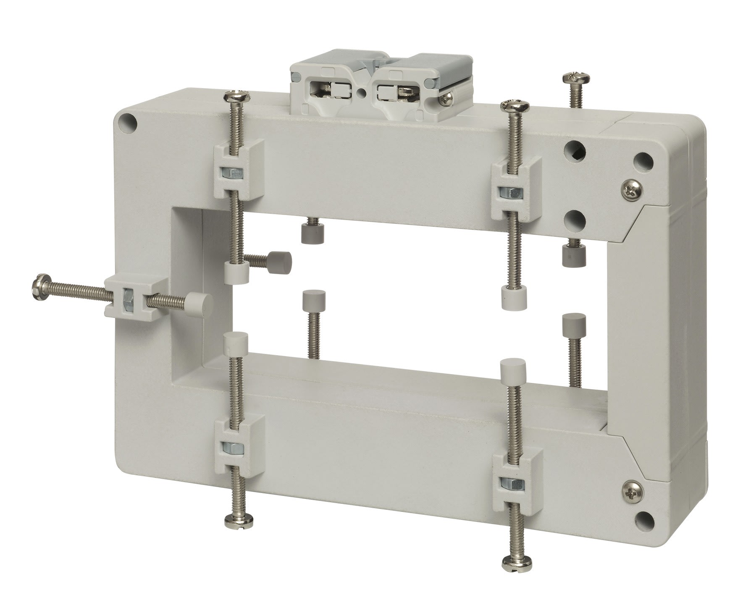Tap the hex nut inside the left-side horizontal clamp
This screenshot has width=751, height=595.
[x=126, y=299]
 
